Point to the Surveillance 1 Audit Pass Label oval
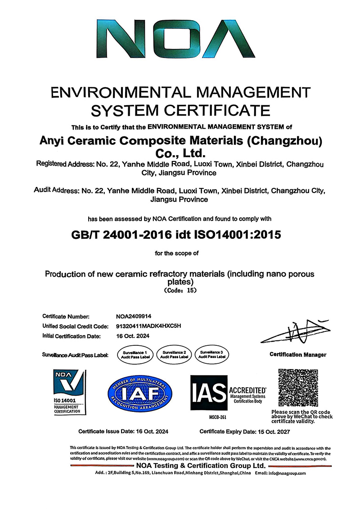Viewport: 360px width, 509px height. [x=134, y=353]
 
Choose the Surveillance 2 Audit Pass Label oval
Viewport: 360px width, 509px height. [x=172, y=353]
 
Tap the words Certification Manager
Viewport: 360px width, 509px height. [x=298, y=355]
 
